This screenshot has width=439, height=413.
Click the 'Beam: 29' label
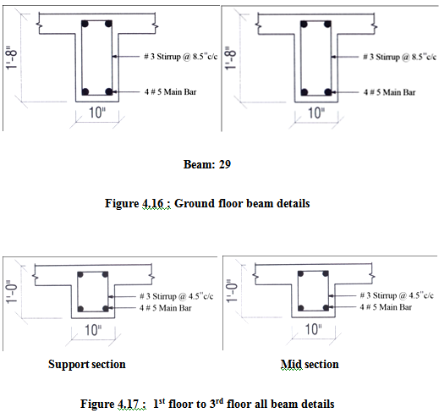click(207, 164)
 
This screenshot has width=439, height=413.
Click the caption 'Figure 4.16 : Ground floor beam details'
click(207, 203)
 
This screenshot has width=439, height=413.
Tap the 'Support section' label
click(87, 364)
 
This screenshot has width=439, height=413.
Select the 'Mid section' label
click(310, 364)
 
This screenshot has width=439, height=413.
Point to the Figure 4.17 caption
click(207, 404)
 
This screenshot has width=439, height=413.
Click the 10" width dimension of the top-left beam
click(97, 113)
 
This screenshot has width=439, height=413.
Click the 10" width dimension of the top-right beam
click(316, 113)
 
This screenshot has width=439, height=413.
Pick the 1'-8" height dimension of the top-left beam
click(12, 57)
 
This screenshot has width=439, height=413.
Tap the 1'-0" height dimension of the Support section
click(12, 292)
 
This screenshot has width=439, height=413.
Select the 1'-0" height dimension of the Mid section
click(232, 291)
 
